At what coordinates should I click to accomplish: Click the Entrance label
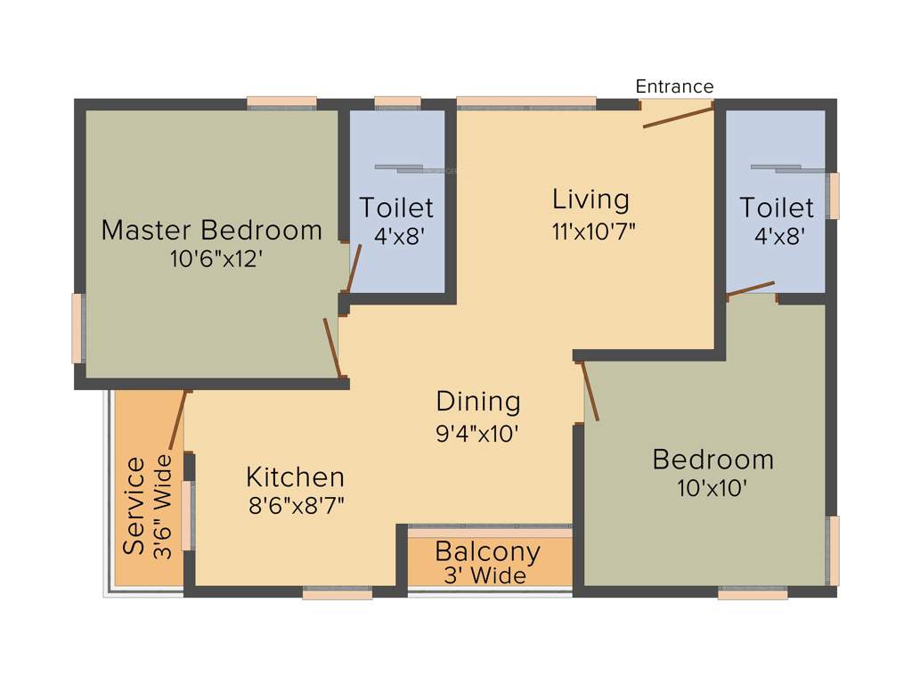(x=674, y=86)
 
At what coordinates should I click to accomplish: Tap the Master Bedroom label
(x=211, y=230)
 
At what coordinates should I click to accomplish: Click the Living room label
(x=590, y=199)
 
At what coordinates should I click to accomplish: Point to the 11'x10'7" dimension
(x=593, y=230)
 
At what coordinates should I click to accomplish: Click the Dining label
(x=478, y=402)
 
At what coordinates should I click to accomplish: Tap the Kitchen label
(x=295, y=476)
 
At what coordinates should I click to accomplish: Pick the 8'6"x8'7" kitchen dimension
(x=297, y=506)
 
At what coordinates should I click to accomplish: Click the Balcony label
(x=487, y=552)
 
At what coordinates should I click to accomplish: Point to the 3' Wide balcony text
(x=485, y=576)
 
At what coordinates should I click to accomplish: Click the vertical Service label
(x=134, y=506)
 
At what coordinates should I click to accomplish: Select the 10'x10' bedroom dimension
(x=712, y=488)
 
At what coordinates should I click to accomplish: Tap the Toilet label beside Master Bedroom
(x=396, y=208)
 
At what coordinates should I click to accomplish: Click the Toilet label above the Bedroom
(x=777, y=208)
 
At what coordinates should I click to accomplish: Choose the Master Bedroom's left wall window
(x=77, y=328)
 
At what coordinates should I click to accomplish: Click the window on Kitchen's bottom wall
(x=337, y=592)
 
